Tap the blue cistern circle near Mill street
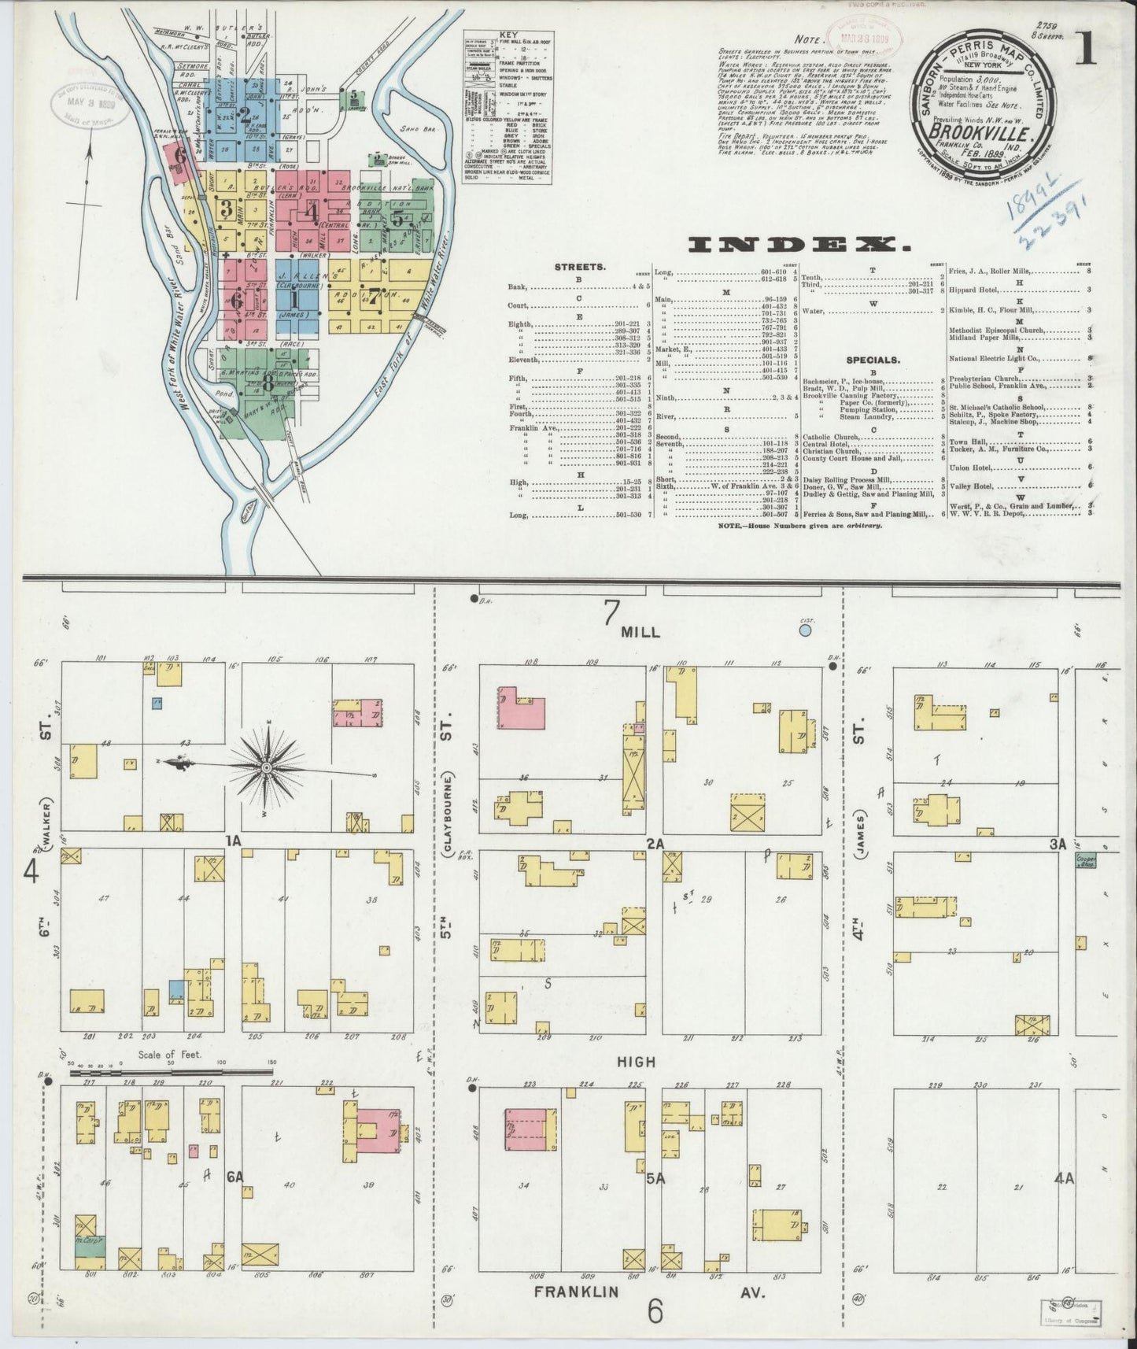805,630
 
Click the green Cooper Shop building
1086,860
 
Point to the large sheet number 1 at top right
1087,50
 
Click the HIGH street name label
635,1061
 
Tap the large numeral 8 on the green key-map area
269,383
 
